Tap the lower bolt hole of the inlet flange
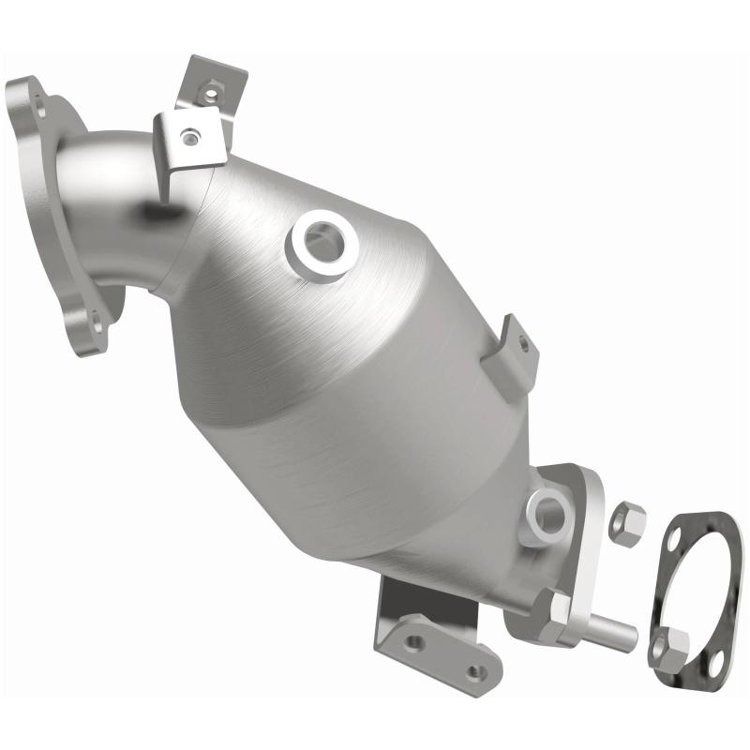(95, 323)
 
